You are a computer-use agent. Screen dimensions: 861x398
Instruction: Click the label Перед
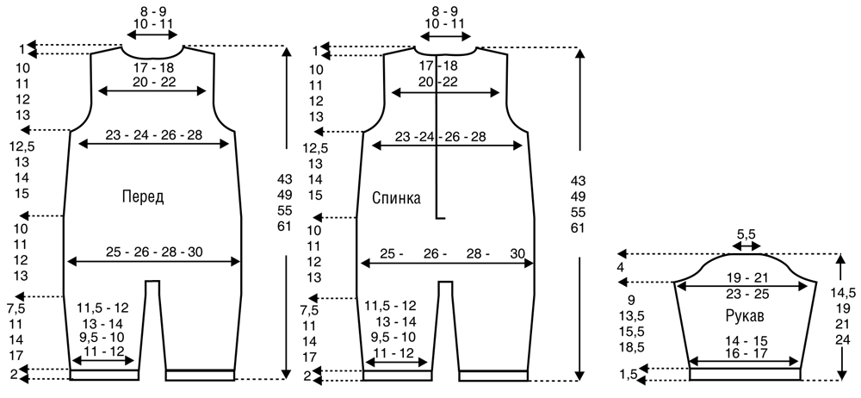(x=143, y=196)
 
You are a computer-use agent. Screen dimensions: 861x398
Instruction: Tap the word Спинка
(x=396, y=198)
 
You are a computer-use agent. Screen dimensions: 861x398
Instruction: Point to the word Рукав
(x=745, y=317)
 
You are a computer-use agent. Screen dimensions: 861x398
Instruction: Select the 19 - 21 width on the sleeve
(x=744, y=277)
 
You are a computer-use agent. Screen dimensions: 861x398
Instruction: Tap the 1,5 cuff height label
(x=629, y=375)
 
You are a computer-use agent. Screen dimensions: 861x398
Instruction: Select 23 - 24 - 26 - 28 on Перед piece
(x=154, y=135)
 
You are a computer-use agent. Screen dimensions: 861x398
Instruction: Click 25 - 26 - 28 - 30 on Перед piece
(x=154, y=252)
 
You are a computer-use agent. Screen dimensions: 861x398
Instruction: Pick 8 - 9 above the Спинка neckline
(x=444, y=10)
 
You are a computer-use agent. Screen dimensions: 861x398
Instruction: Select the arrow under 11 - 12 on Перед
(x=103, y=361)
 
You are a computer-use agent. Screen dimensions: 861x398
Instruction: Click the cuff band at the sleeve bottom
(x=745, y=374)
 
